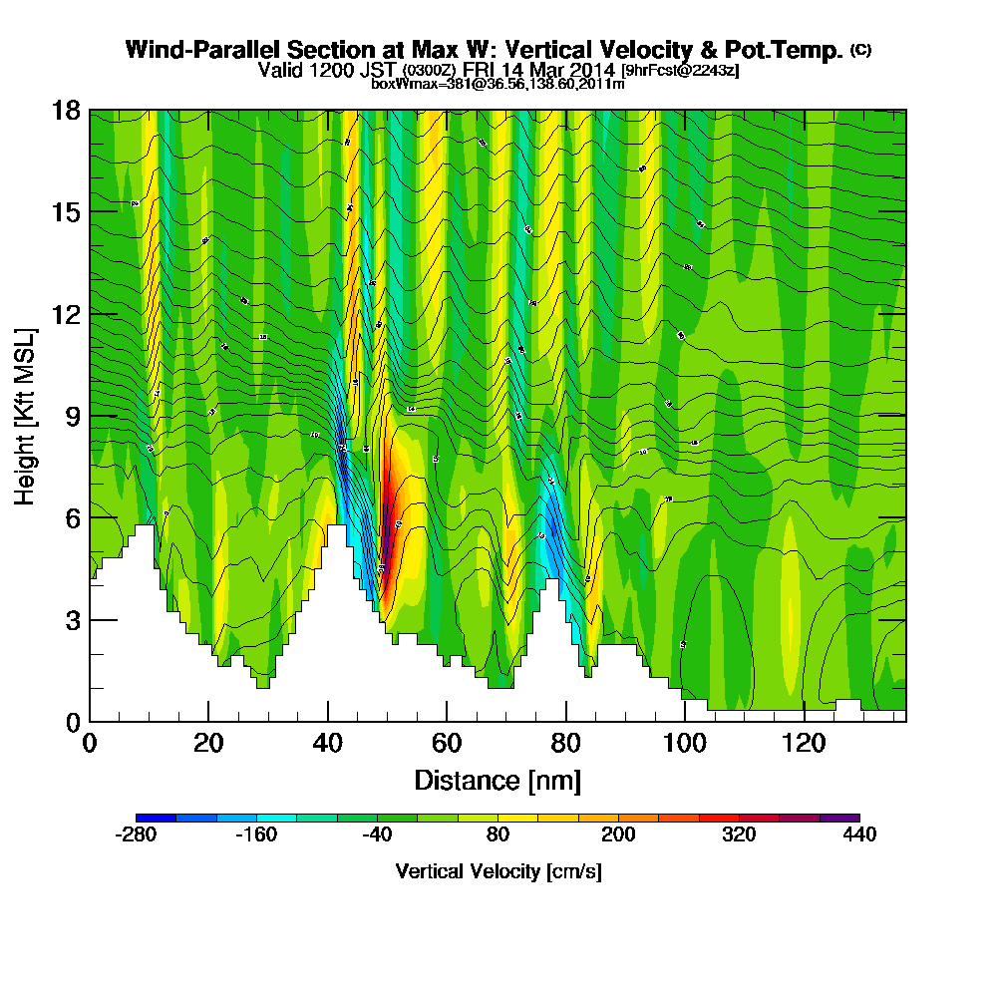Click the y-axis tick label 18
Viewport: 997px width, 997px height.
(66, 110)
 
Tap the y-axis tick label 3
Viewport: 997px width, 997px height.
(73, 620)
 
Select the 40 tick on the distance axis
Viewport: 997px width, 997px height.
(328, 743)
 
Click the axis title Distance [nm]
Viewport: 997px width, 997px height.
(498, 780)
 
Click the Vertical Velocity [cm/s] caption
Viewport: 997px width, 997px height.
(498, 871)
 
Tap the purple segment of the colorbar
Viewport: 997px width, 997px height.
(838, 818)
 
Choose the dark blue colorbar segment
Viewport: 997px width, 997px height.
(157, 818)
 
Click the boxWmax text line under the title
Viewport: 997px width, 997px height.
(498, 84)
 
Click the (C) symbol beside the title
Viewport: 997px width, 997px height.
(860, 50)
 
